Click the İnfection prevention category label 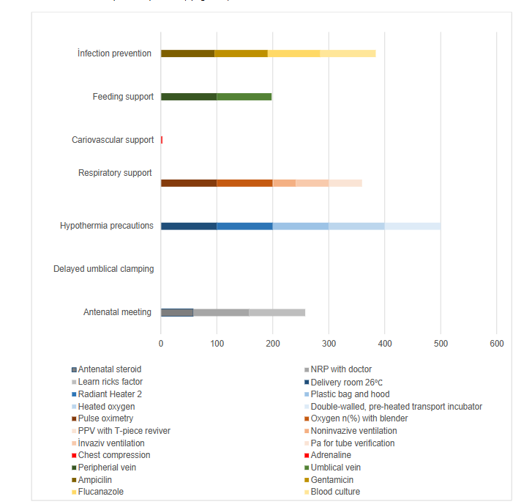(115, 53)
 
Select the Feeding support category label (123, 97)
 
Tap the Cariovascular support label (113, 140)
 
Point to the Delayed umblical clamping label (103, 269)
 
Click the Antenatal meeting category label (117, 312)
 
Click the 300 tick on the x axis (329, 342)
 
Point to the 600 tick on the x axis (496, 342)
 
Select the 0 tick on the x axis (161, 342)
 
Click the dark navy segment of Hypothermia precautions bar (189, 226)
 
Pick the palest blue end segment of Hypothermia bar (412, 226)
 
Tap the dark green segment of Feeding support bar (189, 97)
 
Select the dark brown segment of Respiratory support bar (189, 183)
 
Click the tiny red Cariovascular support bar (162, 140)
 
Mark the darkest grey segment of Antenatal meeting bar (176, 312)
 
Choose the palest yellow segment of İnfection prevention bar (348, 53)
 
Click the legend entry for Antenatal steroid (109, 369)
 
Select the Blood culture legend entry (335, 492)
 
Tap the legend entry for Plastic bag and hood (350, 394)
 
